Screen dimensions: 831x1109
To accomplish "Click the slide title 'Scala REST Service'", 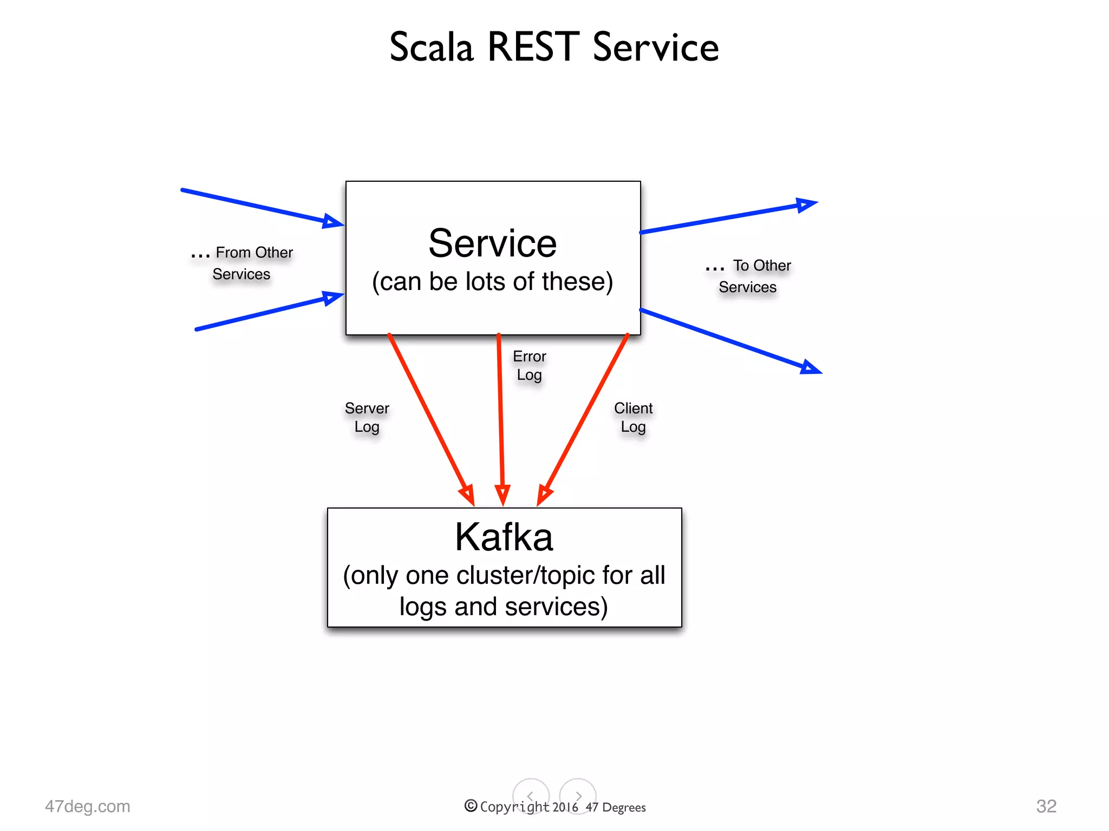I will click(x=554, y=48).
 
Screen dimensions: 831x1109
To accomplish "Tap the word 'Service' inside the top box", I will click(x=492, y=243).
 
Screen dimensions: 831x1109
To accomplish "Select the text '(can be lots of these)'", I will click(x=492, y=282).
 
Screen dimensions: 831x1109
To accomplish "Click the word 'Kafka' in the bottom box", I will click(x=504, y=537).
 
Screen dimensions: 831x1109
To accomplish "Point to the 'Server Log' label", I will click(x=367, y=417).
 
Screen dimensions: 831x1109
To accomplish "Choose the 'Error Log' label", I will click(x=529, y=365).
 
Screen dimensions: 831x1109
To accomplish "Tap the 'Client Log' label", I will click(x=633, y=417).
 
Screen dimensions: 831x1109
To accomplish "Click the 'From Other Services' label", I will click(x=242, y=263).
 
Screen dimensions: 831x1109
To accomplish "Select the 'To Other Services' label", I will click(x=749, y=276).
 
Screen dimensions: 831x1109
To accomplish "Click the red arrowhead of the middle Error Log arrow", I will click(x=503, y=494).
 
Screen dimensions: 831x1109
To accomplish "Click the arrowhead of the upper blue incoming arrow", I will click(x=331, y=221).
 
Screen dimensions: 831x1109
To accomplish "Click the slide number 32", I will click(x=1046, y=806).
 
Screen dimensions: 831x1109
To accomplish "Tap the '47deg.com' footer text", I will click(x=88, y=806).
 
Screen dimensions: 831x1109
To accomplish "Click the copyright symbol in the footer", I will click(x=471, y=806).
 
